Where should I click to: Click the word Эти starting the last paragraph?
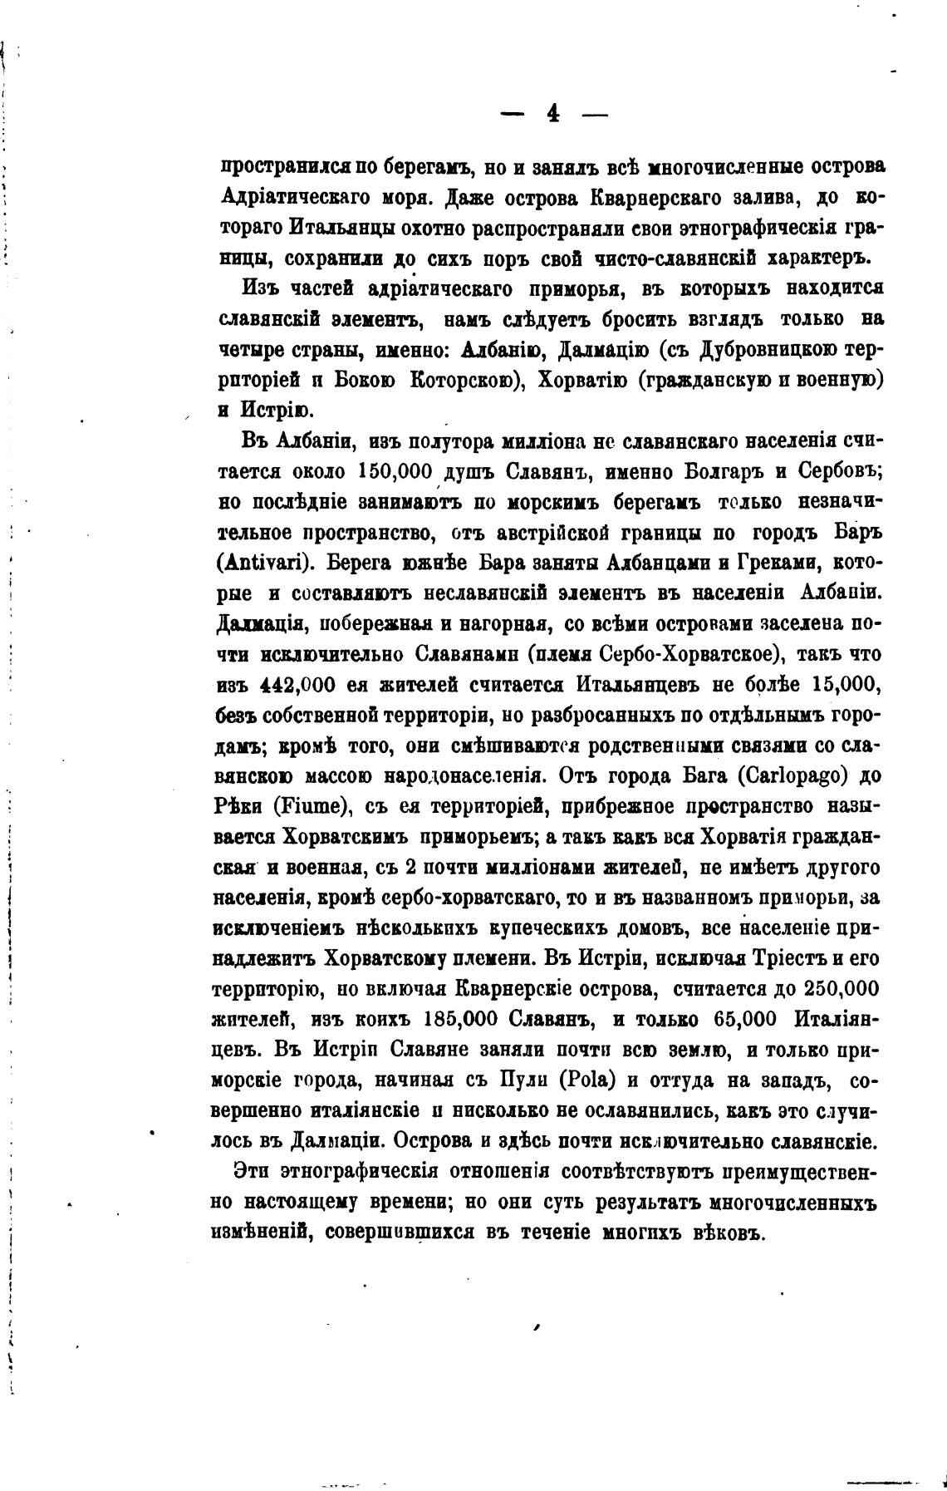252,1171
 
